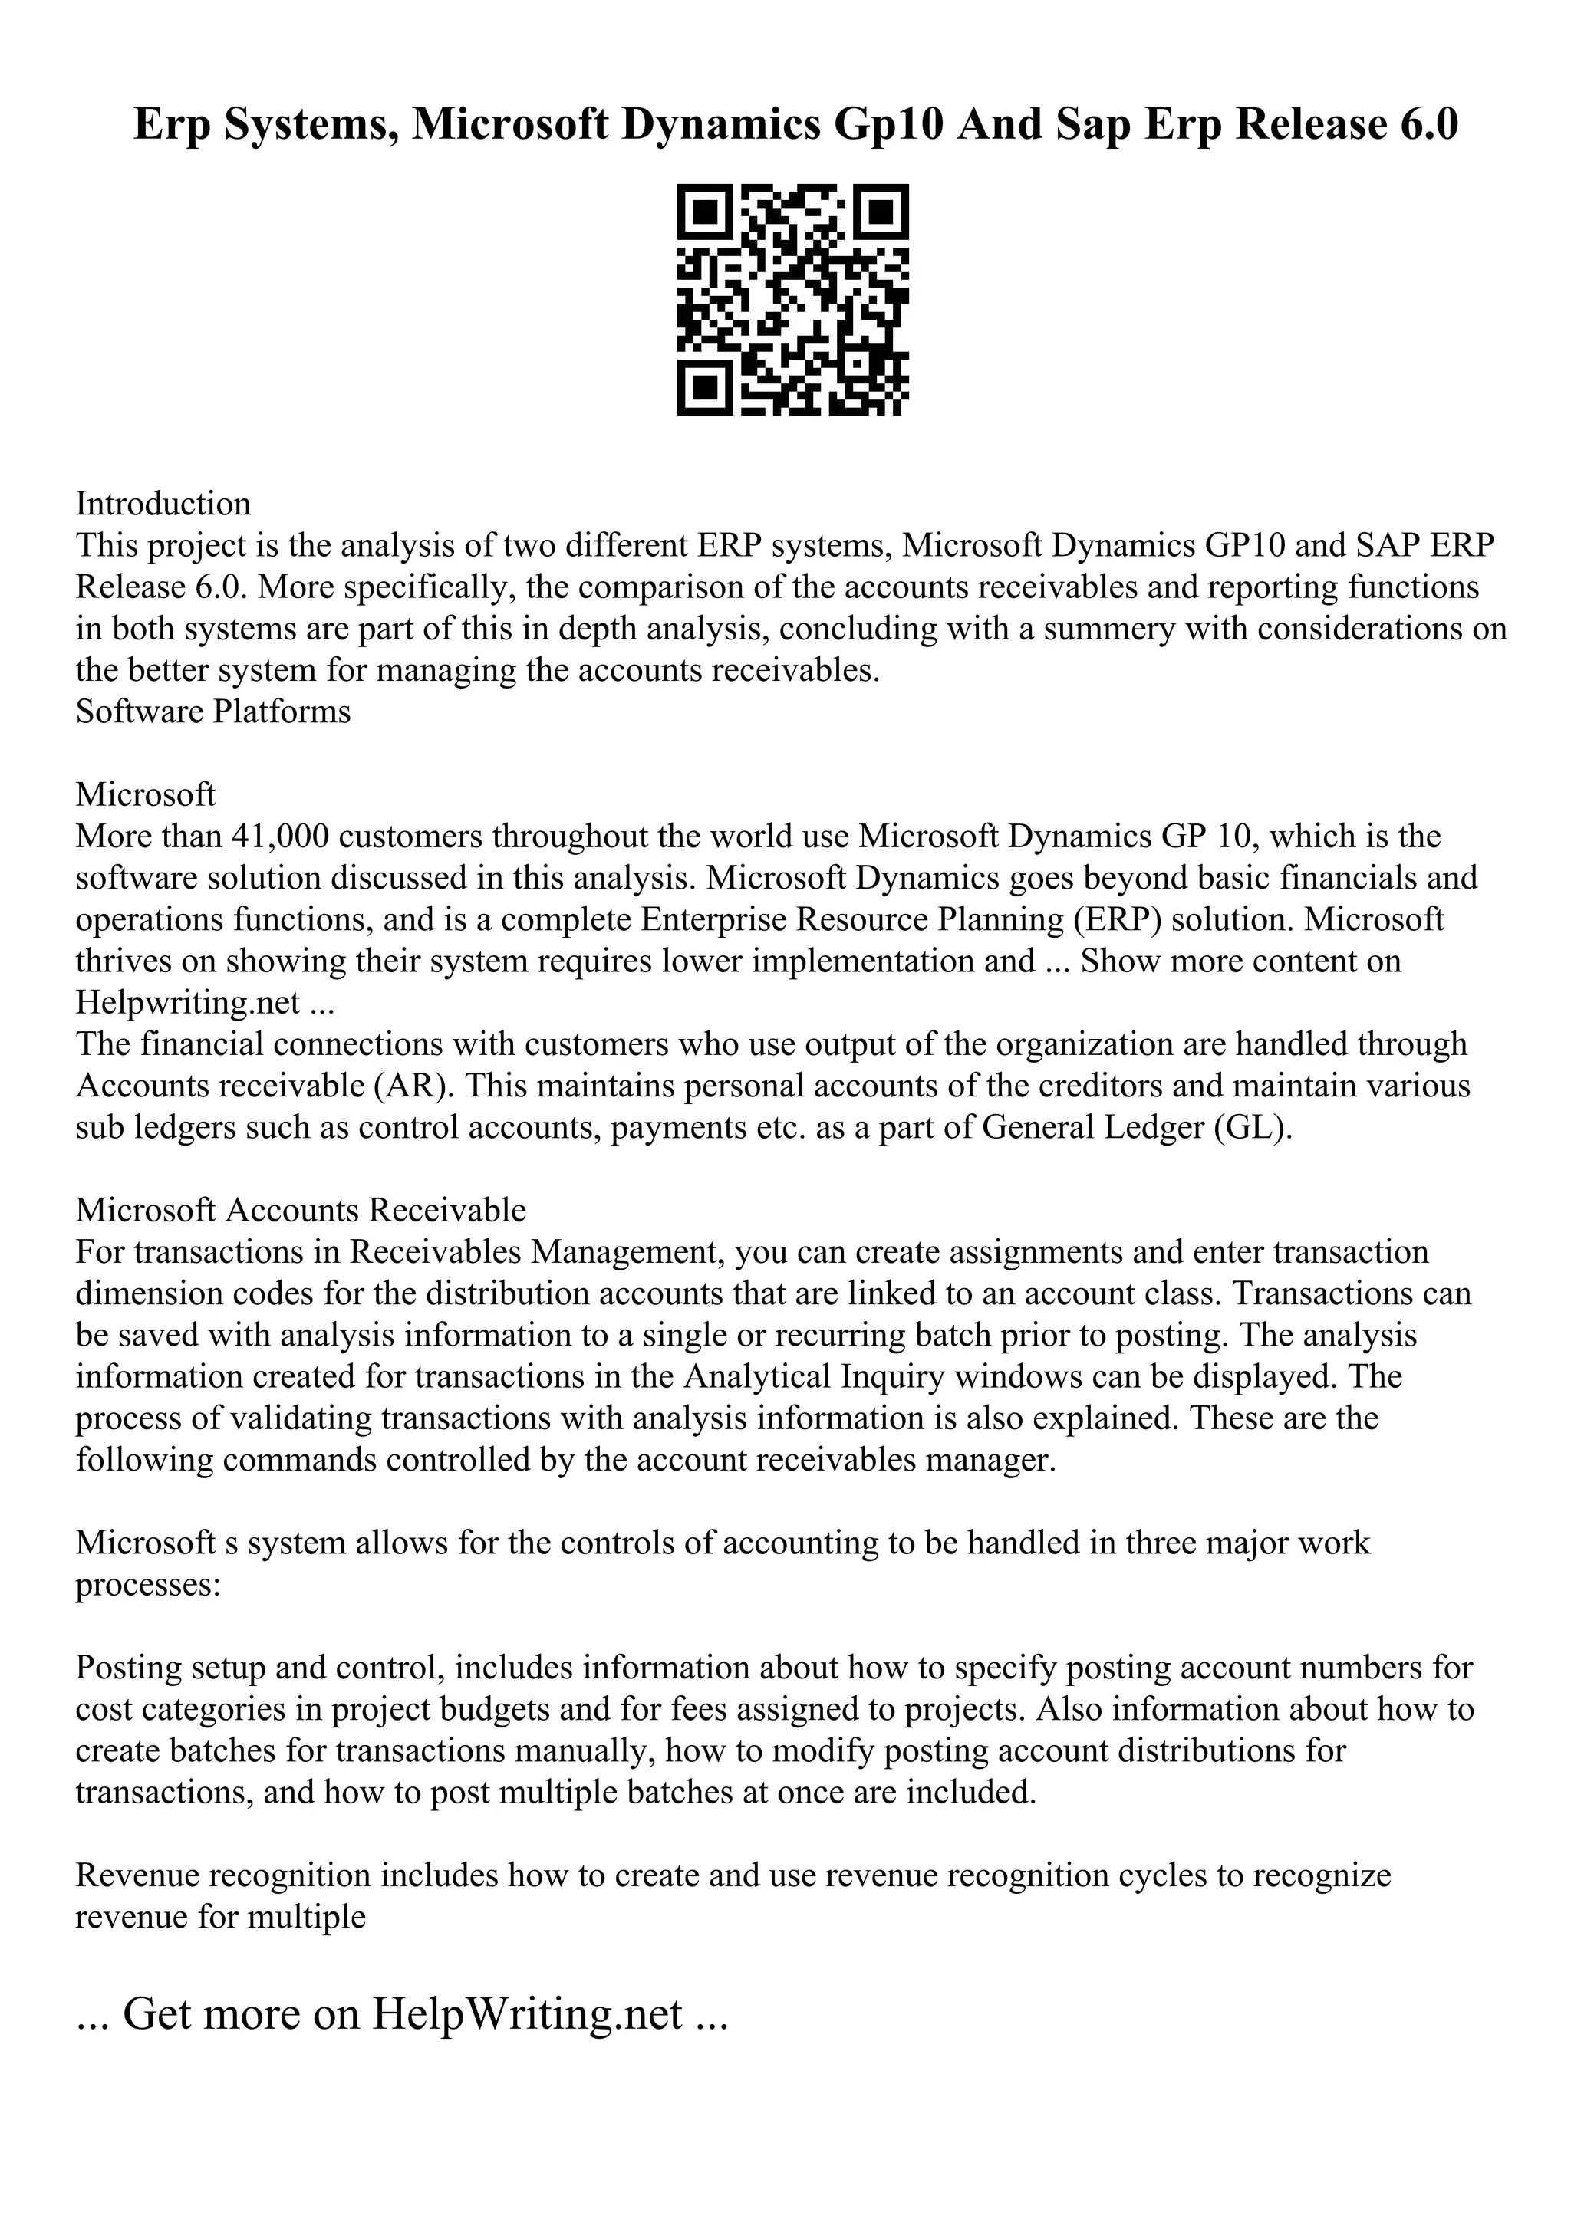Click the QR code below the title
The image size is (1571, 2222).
tap(792, 300)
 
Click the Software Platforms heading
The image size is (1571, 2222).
tap(213, 712)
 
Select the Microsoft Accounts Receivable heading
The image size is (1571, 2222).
tap(301, 1211)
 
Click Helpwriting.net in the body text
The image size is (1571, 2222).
tap(188, 1003)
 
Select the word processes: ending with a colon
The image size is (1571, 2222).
tap(149, 1585)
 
